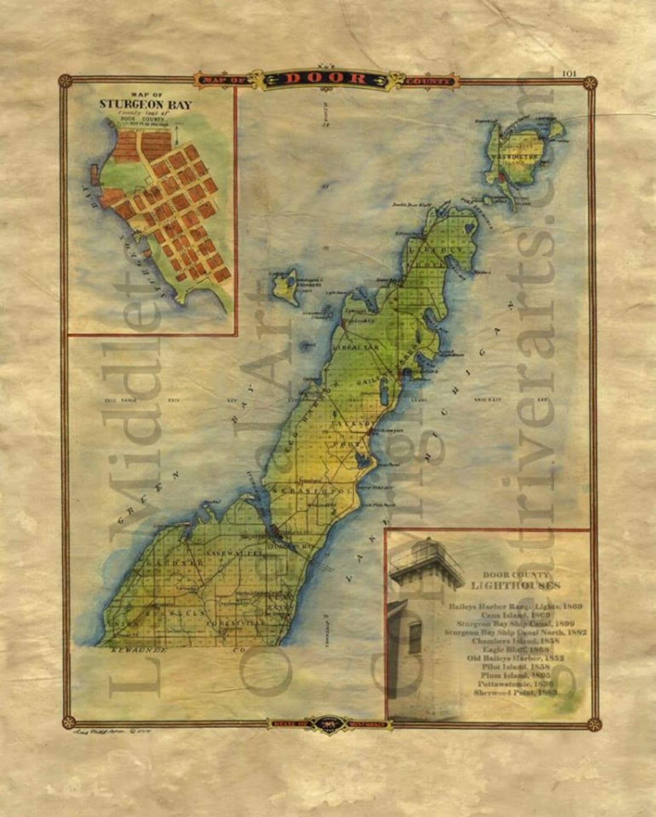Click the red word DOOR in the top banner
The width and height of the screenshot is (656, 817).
326,79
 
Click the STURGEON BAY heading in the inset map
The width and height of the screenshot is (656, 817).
146,105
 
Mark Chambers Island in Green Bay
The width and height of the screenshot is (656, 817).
285,286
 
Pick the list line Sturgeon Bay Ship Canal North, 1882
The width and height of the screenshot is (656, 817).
515,632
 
